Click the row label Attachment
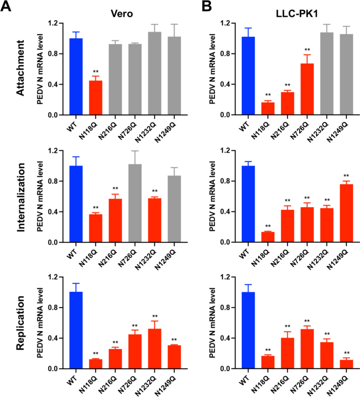(x=20, y=69)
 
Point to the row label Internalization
(x=20, y=197)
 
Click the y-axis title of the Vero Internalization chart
(x=39, y=197)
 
